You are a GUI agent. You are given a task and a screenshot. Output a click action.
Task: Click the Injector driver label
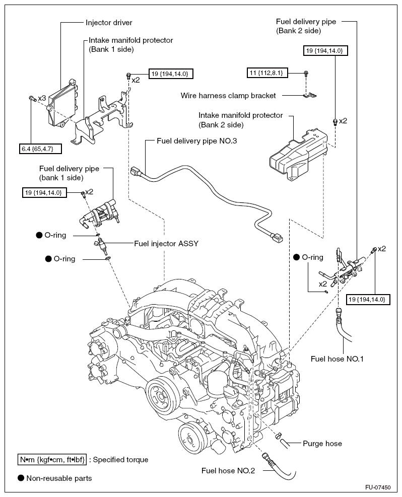pos(109,23)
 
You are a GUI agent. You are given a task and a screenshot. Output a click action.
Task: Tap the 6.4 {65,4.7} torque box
pos(40,149)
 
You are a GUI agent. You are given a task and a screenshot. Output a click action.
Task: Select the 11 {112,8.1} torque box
pos(267,73)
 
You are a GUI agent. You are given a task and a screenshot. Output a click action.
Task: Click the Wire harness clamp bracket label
pos(228,95)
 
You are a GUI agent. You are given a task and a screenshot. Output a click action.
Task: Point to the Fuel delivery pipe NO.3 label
pos(196,140)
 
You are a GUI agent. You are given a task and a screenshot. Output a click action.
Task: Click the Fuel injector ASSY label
pos(166,243)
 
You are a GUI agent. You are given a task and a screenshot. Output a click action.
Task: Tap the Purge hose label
pos(322,444)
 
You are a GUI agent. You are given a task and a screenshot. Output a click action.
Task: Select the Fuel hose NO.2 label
pos(228,471)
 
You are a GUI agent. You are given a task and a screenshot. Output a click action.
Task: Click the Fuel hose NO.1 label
pos(337,359)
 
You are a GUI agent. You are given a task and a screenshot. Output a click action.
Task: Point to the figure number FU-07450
pos(378,487)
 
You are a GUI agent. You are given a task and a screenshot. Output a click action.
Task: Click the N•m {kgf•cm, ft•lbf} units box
pos(52,460)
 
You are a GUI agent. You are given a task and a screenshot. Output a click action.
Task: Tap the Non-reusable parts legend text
pos(59,478)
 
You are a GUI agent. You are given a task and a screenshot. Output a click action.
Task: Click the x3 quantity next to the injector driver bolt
pos(42,98)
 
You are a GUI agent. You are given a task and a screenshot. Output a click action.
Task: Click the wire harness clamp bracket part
pos(309,95)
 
